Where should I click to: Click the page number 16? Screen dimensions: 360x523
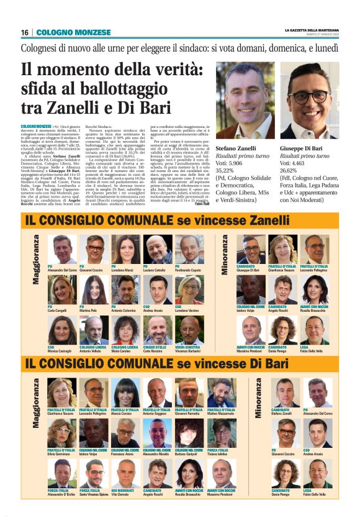click(24, 32)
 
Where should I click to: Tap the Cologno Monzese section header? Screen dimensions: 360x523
click(73, 32)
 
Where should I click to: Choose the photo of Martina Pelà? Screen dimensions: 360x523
click(94, 290)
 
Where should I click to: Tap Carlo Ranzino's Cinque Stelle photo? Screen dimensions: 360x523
click(158, 331)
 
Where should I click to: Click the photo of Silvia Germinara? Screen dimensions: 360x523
click(62, 433)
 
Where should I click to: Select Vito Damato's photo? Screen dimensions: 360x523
click(126, 474)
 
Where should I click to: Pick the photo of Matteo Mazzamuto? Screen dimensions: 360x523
click(222, 392)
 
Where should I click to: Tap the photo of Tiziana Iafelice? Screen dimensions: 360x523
click(222, 433)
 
